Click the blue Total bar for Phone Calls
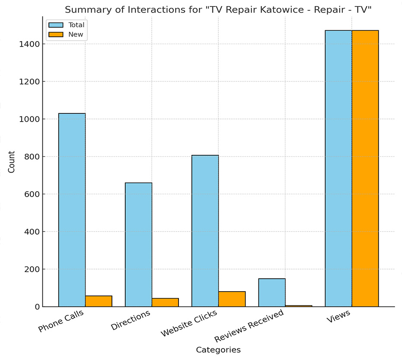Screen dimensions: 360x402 72,210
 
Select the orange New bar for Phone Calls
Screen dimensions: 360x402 99,301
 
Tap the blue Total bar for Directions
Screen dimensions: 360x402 138,244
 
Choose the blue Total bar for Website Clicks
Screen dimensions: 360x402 205,231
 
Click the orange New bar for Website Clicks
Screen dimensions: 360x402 232,299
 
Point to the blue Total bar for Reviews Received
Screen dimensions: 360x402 271,292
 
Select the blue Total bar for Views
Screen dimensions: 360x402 338,168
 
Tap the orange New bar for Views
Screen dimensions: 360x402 365,168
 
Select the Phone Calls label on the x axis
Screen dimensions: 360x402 61,321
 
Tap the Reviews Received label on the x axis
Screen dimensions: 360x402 249,326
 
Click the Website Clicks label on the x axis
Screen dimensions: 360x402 189,323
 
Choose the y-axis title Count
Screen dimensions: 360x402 12,162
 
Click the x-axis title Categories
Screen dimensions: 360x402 218,350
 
